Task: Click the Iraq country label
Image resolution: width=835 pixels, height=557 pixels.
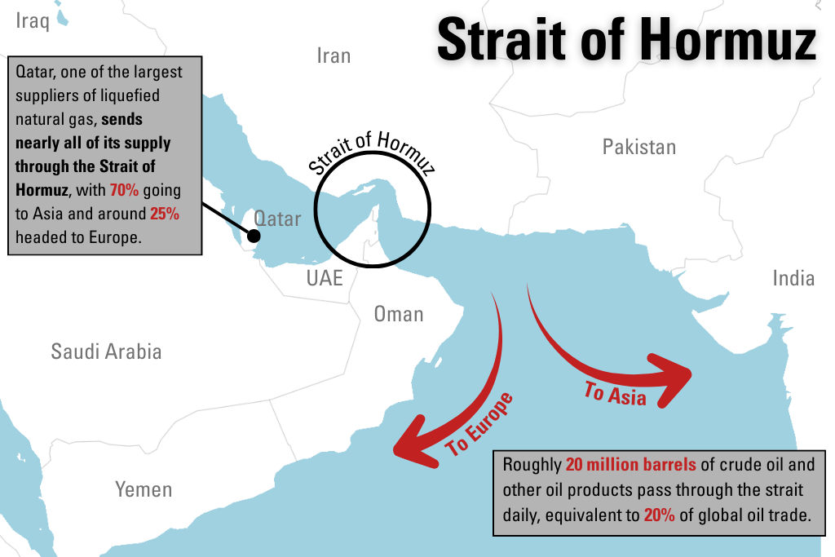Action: pyautogui.click(x=33, y=20)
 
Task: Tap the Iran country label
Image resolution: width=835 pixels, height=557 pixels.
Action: pyautogui.click(x=334, y=55)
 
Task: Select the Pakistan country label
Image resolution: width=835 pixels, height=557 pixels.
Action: pyautogui.click(x=638, y=147)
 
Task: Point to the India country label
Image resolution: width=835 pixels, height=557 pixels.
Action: pyautogui.click(x=793, y=278)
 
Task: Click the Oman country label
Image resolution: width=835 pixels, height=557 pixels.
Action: pyautogui.click(x=399, y=314)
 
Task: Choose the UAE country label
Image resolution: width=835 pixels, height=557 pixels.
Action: pyautogui.click(x=325, y=278)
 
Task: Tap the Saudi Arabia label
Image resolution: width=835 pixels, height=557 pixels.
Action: pyautogui.click(x=106, y=351)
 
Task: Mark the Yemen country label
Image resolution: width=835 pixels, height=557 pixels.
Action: pyautogui.click(x=144, y=489)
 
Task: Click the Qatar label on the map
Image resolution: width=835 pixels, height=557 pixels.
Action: pyautogui.click(x=277, y=219)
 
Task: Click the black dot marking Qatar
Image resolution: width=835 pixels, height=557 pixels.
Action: pyautogui.click(x=254, y=237)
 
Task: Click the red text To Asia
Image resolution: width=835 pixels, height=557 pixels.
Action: pyautogui.click(x=615, y=394)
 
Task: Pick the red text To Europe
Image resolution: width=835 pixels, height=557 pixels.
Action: pyautogui.click(x=479, y=424)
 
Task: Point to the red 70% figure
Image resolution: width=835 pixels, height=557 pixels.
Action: pyautogui.click(x=126, y=190)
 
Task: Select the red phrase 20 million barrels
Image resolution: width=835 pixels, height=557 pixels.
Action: pyautogui.click(x=630, y=466)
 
